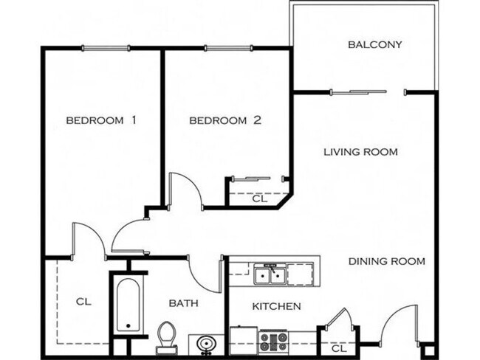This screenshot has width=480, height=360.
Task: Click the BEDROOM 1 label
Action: pos(102,120)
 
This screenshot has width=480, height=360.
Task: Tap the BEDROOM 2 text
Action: pos(226,120)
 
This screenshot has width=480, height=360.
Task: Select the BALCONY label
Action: pos(374,44)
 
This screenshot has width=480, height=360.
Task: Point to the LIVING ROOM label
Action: pos(361,152)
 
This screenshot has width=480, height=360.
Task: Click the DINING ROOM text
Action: pos(386,261)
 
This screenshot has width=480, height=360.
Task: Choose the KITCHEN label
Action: pos(276,306)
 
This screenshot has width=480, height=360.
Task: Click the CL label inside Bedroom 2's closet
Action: pos(259,198)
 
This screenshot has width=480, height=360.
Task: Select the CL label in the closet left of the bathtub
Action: pos(83,302)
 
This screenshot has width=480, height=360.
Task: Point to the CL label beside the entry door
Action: pos(338,348)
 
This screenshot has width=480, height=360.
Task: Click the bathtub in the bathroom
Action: pos(129,304)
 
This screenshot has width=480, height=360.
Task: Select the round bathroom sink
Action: pos(206,345)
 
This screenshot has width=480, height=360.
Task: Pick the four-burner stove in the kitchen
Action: pos(272,341)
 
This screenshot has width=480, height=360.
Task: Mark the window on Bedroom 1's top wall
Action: pos(107,49)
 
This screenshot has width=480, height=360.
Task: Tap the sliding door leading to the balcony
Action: pos(358,92)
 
